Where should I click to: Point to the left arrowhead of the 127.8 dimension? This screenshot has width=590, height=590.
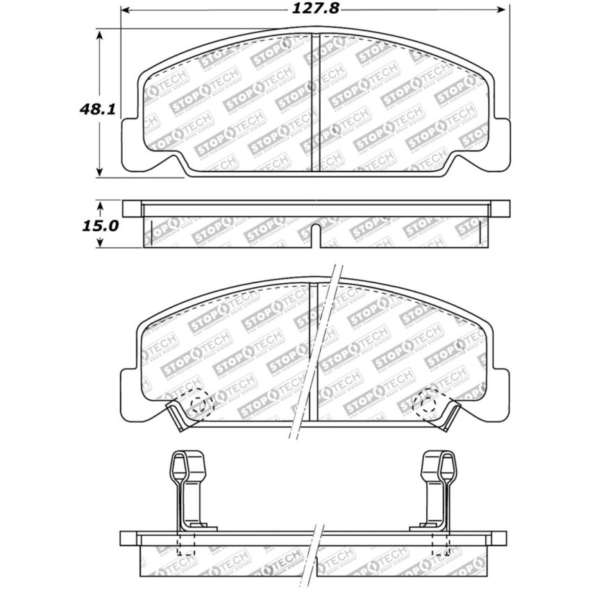(126, 10)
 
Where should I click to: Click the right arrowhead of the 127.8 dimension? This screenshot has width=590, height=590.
(505, 10)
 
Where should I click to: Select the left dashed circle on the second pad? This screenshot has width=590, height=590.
(200, 406)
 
